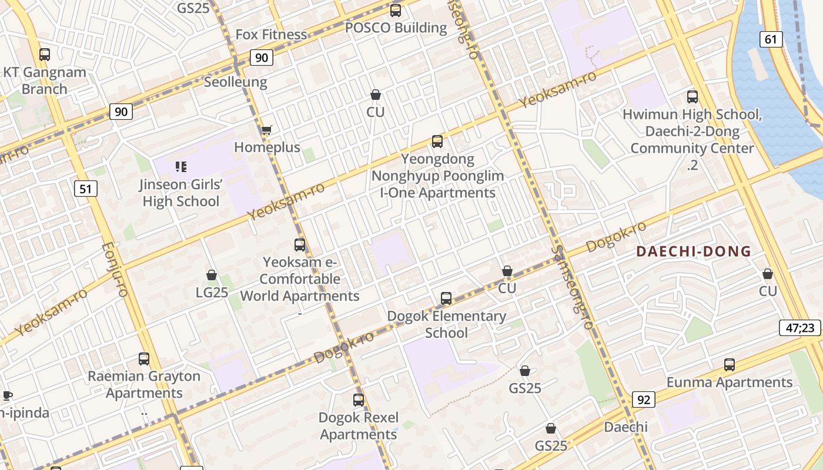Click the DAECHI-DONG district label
click(x=694, y=252)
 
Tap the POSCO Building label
click(x=396, y=28)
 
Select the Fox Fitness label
click(x=271, y=35)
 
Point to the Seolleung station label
click(x=235, y=82)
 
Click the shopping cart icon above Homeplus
click(x=266, y=130)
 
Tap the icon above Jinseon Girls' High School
click(x=181, y=167)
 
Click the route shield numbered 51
click(x=86, y=189)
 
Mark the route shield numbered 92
click(x=644, y=400)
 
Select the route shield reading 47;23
click(x=799, y=328)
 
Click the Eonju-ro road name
click(x=115, y=270)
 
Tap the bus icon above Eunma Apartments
click(x=730, y=364)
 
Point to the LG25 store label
click(x=212, y=292)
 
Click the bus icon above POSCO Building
click(x=396, y=10)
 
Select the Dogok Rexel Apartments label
click(x=359, y=426)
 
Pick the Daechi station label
click(x=626, y=427)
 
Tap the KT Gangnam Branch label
click(x=45, y=80)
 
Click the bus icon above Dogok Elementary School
click(x=446, y=298)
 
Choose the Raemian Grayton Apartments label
click(x=144, y=384)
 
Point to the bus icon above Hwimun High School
click(x=692, y=97)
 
